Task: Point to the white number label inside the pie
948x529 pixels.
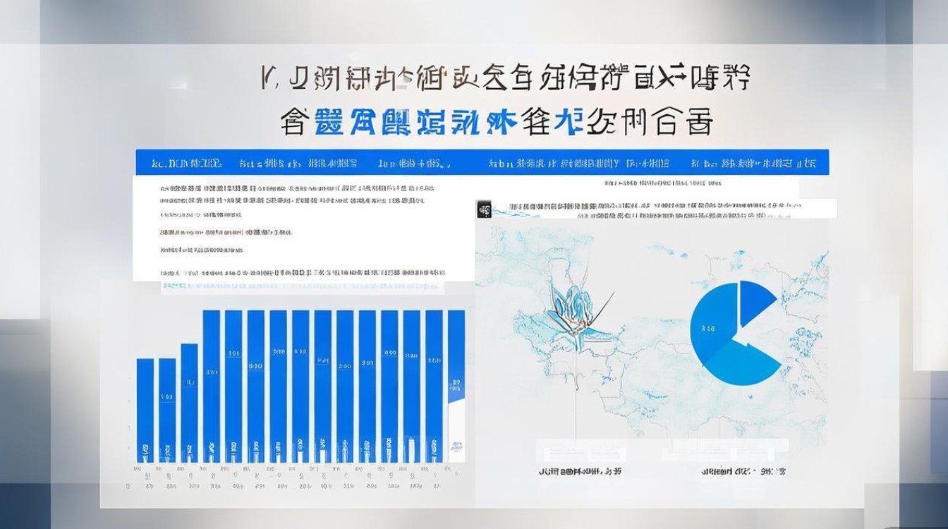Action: point(707,328)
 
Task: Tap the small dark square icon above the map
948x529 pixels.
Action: point(484,209)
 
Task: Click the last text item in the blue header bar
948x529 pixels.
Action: point(754,163)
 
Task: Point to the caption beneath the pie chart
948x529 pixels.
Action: point(743,470)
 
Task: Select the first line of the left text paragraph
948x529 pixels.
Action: point(297,189)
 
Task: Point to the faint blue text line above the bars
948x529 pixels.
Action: point(303,287)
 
